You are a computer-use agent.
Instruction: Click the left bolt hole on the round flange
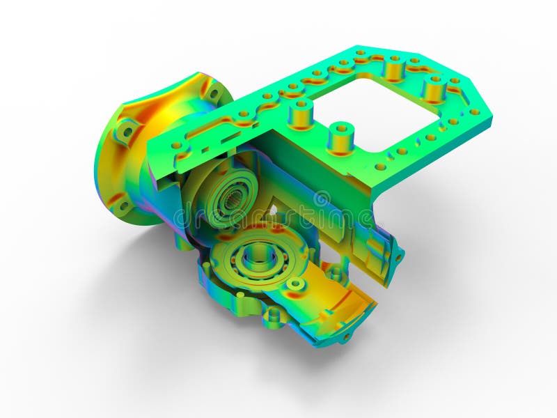tap(127, 130)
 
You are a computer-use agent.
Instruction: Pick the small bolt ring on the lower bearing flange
tap(296, 284)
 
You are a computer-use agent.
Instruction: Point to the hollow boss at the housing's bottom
tap(274, 316)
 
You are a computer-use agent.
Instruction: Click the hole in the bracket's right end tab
tap(399, 257)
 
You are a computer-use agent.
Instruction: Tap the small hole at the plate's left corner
tap(177, 145)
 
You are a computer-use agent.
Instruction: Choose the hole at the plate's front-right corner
tap(380, 167)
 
